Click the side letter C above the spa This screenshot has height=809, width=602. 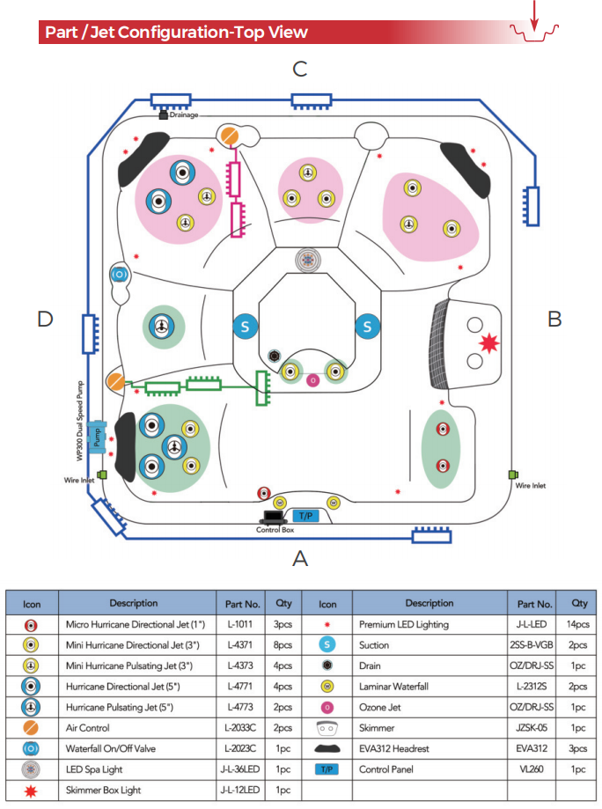point(300,68)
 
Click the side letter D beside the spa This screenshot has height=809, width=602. point(45,319)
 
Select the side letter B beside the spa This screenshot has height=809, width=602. point(554,319)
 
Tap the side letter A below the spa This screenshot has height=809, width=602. point(300,558)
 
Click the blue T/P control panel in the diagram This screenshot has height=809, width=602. point(305,516)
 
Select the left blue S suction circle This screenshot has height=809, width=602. point(246,327)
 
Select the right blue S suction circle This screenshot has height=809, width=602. point(367,327)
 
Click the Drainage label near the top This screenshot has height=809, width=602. point(184,115)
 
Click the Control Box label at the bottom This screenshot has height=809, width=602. point(275,530)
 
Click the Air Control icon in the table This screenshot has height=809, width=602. point(30,728)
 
